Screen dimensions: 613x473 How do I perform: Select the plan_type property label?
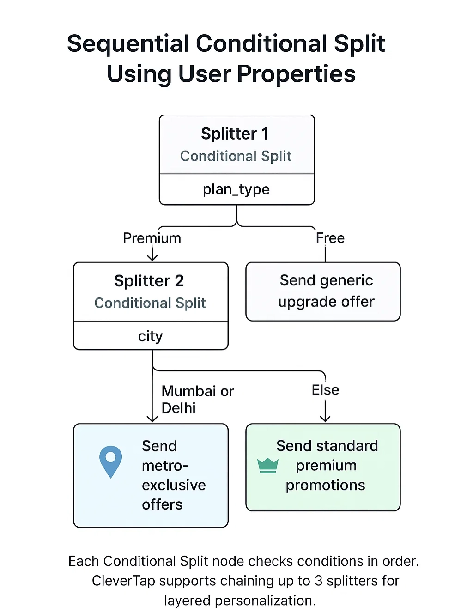236,189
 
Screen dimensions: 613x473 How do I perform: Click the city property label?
150,336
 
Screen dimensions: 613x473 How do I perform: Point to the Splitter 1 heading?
235,134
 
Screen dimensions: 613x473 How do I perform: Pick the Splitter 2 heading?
149,281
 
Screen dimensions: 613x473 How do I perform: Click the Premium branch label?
152,238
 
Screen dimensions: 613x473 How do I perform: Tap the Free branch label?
330,238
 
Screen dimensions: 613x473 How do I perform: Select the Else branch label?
325,390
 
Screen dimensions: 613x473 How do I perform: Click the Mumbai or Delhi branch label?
197,400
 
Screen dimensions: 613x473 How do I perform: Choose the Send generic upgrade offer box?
323,291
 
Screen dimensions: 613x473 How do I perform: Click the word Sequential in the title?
128,44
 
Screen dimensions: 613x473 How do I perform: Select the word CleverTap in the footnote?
123,581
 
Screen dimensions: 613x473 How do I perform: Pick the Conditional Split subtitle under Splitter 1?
236,156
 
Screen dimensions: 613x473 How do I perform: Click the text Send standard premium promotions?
326,466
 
